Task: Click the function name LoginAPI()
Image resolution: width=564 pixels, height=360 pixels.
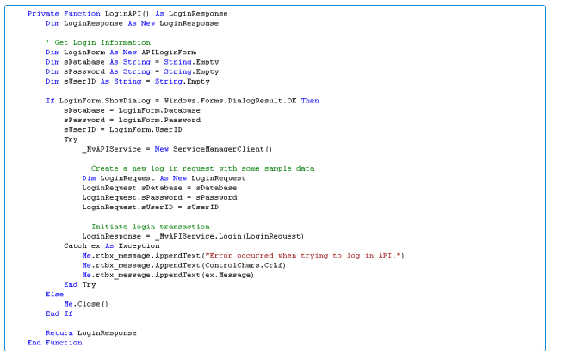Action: [x=127, y=14]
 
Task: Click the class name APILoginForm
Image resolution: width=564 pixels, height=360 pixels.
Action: [x=169, y=53]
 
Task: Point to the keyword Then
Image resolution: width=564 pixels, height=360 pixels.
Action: [x=310, y=101]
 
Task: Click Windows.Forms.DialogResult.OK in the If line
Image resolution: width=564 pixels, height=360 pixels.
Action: [x=230, y=101]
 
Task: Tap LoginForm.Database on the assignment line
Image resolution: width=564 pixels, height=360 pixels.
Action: [x=159, y=110]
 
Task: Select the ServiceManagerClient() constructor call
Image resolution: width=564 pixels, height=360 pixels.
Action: [x=222, y=149]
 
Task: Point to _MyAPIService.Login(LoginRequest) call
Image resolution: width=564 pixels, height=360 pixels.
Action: [x=230, y=237]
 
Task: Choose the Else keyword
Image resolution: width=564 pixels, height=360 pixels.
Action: [x=54, y=295]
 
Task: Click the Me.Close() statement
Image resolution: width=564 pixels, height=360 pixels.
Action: [x=86, y=305]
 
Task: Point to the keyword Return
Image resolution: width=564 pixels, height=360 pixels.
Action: [x=59, y=333]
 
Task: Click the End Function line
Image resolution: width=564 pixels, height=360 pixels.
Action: [x=54, y=343]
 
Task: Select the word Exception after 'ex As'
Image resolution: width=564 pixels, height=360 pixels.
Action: [x=139, y=246]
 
